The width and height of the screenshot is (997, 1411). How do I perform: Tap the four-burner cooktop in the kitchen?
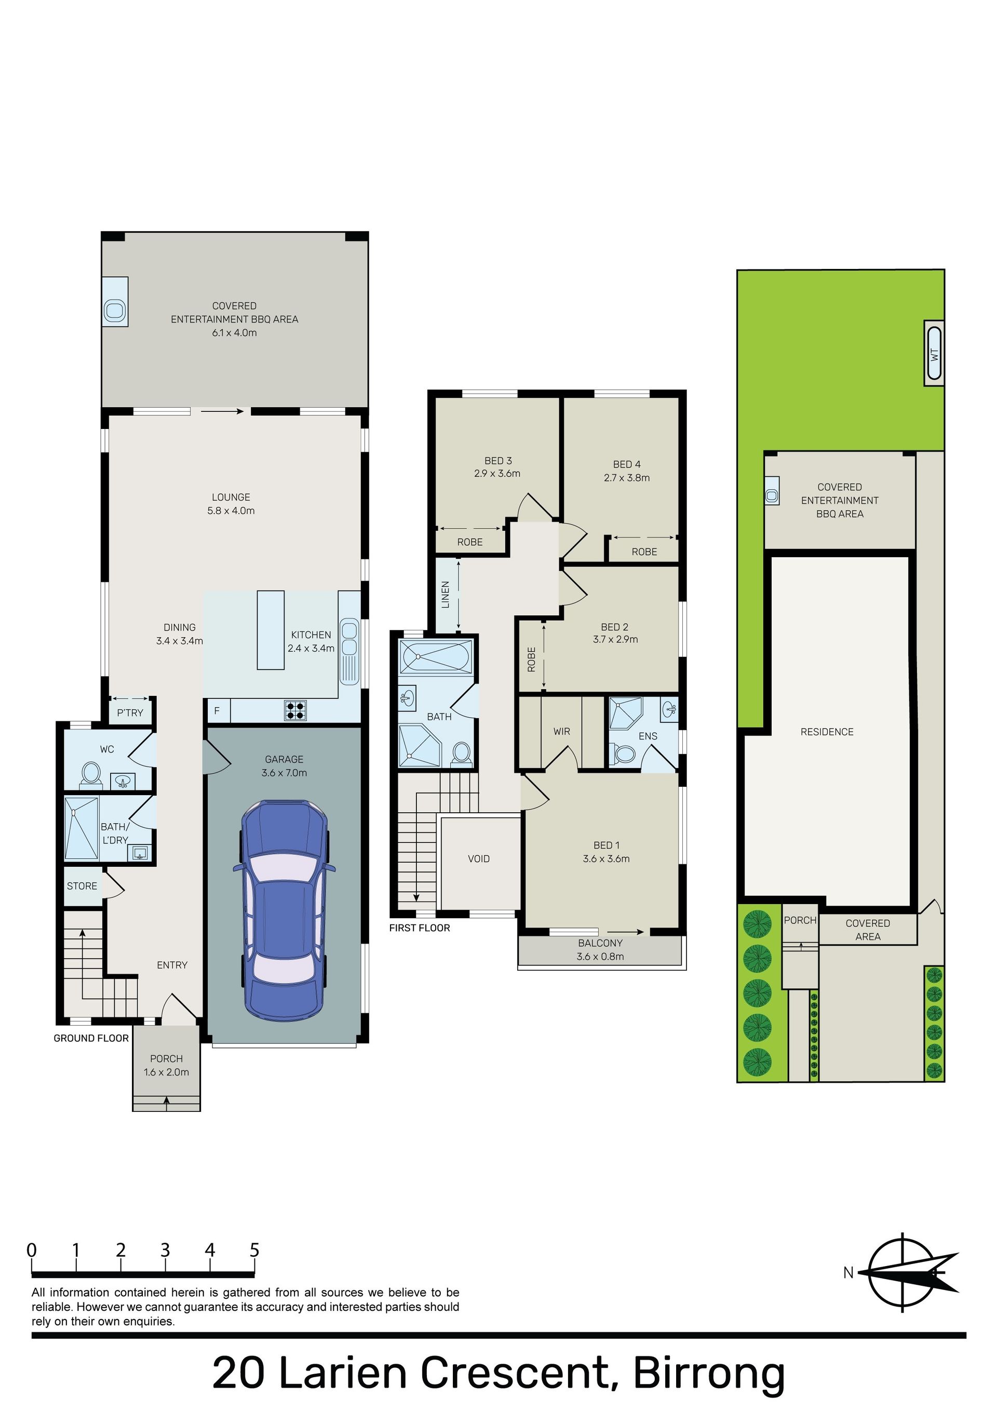coord(295,710)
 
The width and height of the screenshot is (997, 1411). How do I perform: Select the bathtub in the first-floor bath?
coord(435,657)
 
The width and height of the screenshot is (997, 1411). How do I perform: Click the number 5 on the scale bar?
coord(254,1250)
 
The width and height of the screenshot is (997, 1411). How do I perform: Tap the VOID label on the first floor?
coord(479,858)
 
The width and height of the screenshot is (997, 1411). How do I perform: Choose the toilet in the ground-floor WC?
coord(91,773)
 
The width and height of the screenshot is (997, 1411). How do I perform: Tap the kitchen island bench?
coord(271,630)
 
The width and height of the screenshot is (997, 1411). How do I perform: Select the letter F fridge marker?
coord(217,711)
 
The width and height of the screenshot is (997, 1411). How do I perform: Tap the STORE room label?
coord(82,885)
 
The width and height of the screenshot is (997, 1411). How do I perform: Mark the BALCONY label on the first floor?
coord(600,943)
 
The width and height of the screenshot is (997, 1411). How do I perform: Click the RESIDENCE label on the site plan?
coord(827,731)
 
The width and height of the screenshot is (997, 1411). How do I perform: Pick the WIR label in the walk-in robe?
coord(561,731)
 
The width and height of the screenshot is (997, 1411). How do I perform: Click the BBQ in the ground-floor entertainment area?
coord(115,309)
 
